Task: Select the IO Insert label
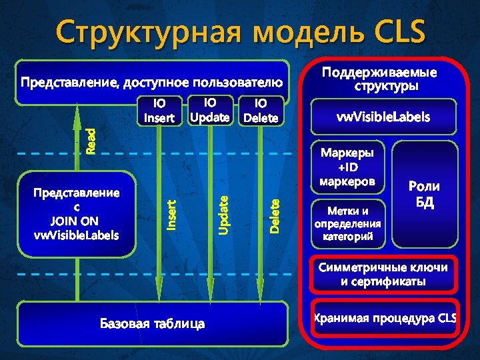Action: point(159,111)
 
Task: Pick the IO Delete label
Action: point(261,111)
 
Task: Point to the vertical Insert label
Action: point(171,215)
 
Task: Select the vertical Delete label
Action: point(275,213)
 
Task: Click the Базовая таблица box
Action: point(153,324)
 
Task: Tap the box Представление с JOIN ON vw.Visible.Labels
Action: point(77,214)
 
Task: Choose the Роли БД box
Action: point(424,193)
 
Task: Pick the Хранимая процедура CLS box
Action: point(385,318)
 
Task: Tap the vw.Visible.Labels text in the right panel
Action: point(383,117)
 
